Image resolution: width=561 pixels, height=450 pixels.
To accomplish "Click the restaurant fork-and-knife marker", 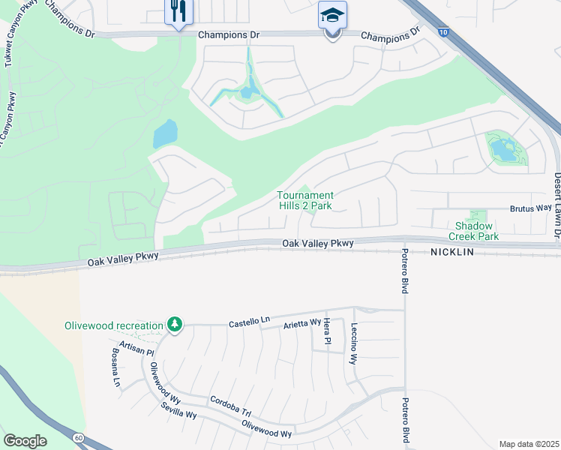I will pyautogui.click(x=178, y=11).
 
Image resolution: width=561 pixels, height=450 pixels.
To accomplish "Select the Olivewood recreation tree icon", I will pyautogui.click(x=174, y=325).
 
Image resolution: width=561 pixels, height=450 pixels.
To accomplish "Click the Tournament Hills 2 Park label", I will pyautogui.click(x=305, y=200).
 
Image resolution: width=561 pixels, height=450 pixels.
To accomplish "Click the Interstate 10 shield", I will pyautogui.click(x=444, y=32).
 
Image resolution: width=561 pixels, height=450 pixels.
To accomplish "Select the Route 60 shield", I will pyautogui.click(x=78, y=436).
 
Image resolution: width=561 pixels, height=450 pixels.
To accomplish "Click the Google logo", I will pyautogui.click(x=25, y=440).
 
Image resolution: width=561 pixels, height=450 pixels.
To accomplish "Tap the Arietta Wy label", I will pyautogui.click(x=301, y=324).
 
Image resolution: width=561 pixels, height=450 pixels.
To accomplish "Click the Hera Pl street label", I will pyautogui.click(x=327, y=331).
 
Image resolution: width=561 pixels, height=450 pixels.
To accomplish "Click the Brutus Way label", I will pyautogui.click(x=532, y=209).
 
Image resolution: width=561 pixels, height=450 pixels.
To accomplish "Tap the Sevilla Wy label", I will pyautogui.click(x=178, y=410).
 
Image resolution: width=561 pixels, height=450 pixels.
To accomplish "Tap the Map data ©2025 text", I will pyautogui.click(x=528, y=444).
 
